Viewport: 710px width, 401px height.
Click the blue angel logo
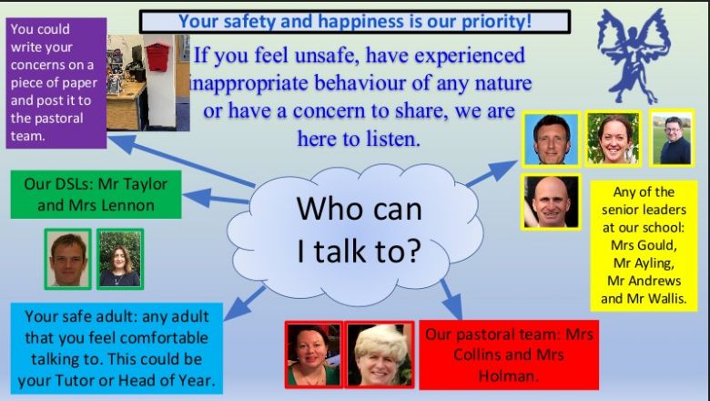(x=633, y=55)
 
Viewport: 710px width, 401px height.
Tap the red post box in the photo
(x=157, y=57)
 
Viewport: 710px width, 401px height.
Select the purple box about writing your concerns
(x=56, y=83)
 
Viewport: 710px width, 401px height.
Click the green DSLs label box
(x=96, y=194)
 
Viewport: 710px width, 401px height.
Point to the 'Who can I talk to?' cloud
(x=355, y=234)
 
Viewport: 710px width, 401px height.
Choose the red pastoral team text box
(x=509, y=355)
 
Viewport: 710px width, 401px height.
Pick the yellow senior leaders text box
(x=644, y=246)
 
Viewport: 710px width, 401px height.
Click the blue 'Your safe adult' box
(x=117, y=348)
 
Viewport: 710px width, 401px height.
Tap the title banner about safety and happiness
(x=355, y=22)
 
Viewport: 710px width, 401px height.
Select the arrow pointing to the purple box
(x=181, y=160)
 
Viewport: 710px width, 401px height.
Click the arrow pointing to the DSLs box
(x=216, y=198)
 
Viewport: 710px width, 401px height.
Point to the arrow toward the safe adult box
(x=244, y=303)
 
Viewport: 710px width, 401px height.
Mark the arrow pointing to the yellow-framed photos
(x=492, y=173)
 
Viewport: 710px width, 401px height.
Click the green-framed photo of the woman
(x=120, y=259)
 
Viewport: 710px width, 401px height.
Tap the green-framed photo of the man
(x=68, y=259)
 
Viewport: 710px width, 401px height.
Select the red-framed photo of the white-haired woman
(x=380, y=355)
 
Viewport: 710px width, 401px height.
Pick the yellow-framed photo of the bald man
(x=551, y=201)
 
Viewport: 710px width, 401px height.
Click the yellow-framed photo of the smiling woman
(x=614, y=139)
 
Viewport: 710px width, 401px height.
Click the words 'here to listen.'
(x=359, y=139)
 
